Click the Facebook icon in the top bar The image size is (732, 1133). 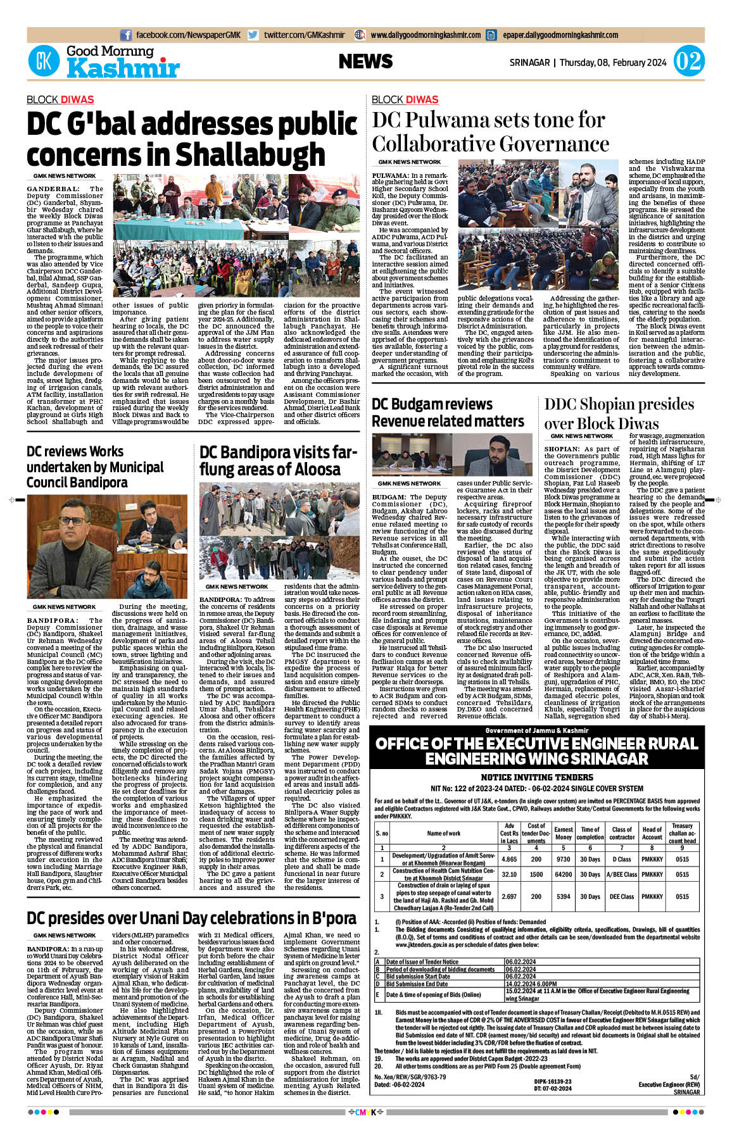point(126,35)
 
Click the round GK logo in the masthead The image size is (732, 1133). point(44,61)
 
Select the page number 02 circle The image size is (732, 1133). point(688,62)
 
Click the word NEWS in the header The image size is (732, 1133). point(365,61)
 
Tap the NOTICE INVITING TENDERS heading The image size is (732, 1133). point(536,777)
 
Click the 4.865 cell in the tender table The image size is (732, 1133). point(509,859)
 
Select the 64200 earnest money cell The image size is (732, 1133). point(563,874)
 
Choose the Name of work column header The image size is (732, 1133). point(443,833)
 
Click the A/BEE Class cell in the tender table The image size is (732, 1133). point(621,874)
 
